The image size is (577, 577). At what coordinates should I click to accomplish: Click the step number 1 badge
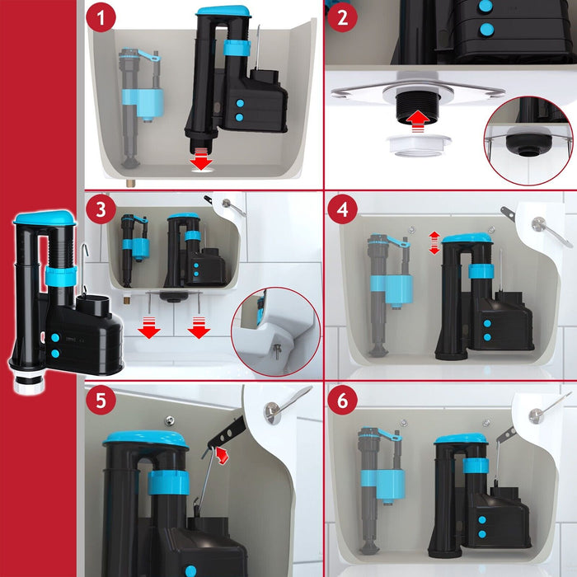pyautogui.click(x=101, y=17)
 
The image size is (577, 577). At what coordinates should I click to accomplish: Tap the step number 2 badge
pyautogui.click(x=342, y=17)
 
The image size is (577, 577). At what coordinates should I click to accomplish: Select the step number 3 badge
pyautogui.click(x=101, y=209)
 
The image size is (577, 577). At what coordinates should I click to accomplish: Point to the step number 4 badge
pyautogui.click(x=342, y=209)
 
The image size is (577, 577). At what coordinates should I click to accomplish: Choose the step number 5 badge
pyautogui.click(x=101, y=400)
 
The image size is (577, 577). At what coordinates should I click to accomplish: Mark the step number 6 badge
pyautogui.click(x=342, y=400)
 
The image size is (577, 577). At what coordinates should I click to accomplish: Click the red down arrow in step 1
pyautogui.click(x=202, y=159)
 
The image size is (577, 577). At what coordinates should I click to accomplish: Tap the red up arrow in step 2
pyautogui.click(x=417, y=120)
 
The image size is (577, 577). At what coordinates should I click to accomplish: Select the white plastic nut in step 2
pyautogui.click(x=419, y=144)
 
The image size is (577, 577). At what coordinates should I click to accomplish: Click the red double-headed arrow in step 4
pyautogui.click(x=434, y=243)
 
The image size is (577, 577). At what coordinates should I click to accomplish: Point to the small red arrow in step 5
pyautogui.click(x=222, y=455)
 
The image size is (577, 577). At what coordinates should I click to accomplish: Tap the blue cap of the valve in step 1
pyautogui.click(x=223, y=10)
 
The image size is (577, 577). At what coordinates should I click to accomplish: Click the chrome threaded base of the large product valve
pyautogui.click(x=29, y=382)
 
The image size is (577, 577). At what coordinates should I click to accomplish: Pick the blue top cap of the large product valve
pyautogui.click(x=45, y=218)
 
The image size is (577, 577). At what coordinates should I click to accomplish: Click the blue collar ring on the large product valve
pyautogui.click(x=61, y=277)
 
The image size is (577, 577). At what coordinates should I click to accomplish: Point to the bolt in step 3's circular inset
pyautogui.click(x=278, y=350)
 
